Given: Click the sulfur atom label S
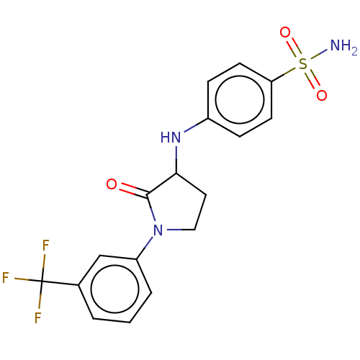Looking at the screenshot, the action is (303, 63).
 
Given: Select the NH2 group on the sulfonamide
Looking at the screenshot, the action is (343, 46).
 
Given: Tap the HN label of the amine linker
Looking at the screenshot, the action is (171, 138).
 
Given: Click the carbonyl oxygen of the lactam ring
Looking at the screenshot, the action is (112, 184).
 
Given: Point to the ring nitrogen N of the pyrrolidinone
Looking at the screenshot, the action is (158, 230).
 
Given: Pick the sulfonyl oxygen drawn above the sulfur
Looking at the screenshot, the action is (285, 32).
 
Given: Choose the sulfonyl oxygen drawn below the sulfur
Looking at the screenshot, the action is (322, 95).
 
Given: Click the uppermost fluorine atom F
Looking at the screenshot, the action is (45, 245).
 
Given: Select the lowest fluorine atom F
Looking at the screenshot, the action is (38, 318).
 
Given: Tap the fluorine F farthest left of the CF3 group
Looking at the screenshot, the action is (6, 277).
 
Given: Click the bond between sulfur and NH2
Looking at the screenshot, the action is (319, 54).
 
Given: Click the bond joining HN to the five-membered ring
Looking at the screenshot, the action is (176, 159).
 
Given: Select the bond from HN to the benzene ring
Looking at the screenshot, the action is (196, 125).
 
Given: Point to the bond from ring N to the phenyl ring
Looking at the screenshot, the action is (145, 248).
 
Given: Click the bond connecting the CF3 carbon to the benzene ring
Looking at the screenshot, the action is (60, 283).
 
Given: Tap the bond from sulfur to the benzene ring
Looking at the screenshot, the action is (284, 75).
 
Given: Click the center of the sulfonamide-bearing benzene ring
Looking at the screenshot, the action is (240, 100).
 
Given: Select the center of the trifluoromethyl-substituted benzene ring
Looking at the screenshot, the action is (115, 289).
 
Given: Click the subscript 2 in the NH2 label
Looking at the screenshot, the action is (355, 53).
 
